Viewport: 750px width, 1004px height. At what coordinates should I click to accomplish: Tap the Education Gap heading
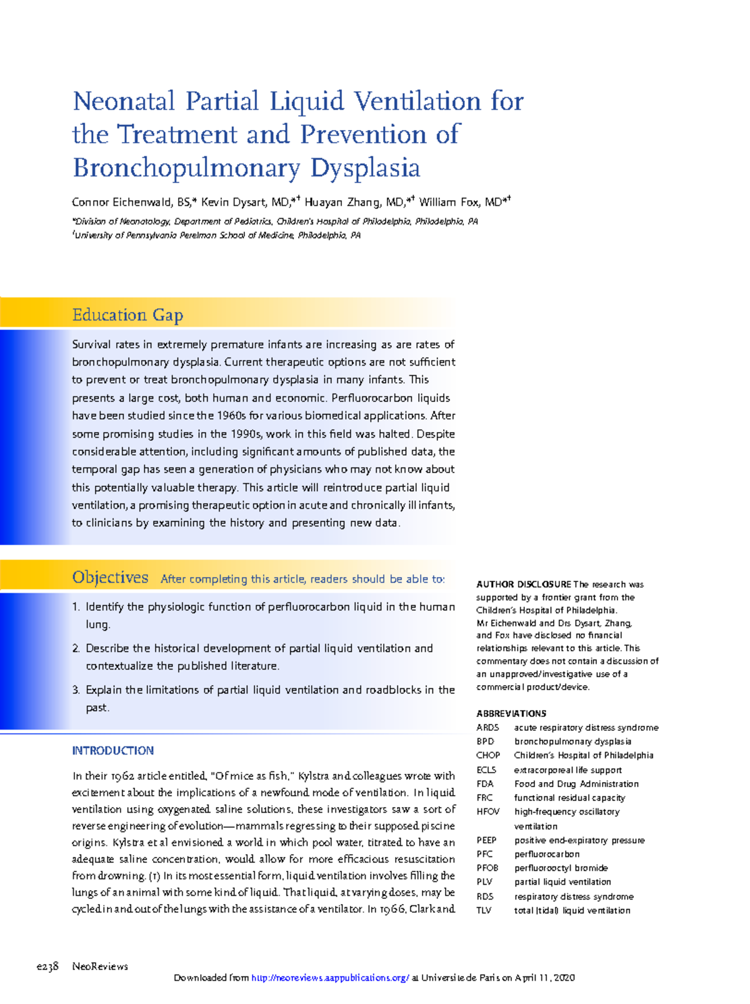coord(127,315)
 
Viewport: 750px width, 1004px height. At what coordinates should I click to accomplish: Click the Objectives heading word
coord(110,578)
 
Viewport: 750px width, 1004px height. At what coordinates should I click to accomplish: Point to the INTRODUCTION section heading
coord(112,751)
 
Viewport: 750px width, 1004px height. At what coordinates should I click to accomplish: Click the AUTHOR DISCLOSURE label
coord(523,585)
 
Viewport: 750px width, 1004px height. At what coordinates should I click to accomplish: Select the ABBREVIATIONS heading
coord(511,713)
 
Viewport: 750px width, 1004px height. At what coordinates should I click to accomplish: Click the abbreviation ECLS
coord(486,770)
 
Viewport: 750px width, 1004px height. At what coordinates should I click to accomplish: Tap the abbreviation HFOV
coord(487,811)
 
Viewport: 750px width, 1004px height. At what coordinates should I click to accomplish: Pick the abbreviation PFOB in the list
coord(487,868)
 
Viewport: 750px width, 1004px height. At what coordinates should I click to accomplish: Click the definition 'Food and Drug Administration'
coord(576,784)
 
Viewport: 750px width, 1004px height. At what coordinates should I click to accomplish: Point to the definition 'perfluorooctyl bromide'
coord(561,868)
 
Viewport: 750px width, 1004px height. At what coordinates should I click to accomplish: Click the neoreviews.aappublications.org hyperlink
coord(330,978)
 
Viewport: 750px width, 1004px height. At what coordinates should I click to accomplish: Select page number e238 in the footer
coord(47,966)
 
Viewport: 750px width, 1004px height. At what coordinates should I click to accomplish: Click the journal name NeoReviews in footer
coord(100,966)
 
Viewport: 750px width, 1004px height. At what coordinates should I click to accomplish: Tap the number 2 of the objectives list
coord(75,649)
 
